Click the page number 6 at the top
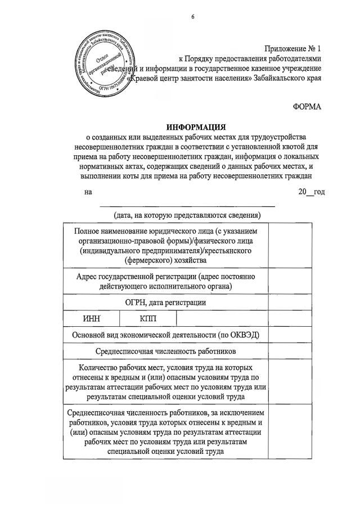(192, 16)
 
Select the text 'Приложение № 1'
(293, 48)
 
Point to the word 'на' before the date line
(88, 192)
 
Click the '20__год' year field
(311, 192)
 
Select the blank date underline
(187, 206)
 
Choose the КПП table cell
(149, 318)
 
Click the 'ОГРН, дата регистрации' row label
(165, 303)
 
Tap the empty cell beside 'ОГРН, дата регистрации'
(290, 303)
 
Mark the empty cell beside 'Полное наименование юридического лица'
(290, 246)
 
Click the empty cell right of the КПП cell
(222, 318)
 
